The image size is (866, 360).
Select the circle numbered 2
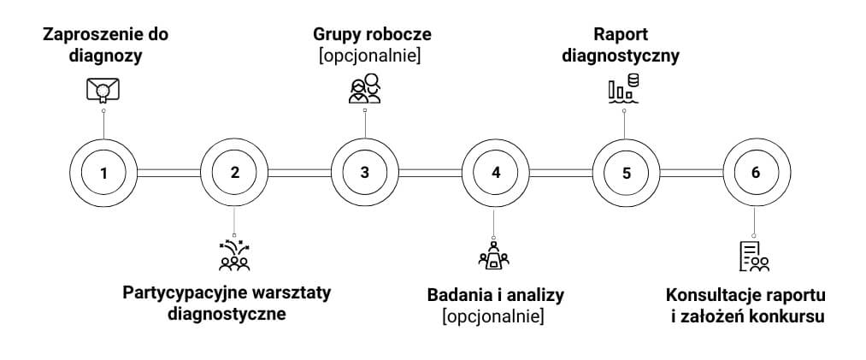click(234, 172)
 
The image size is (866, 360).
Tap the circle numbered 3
click(365, 172)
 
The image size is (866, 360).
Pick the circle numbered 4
click(496, 172)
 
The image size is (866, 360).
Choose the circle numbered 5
click(627, 172)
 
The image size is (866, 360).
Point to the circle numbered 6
click(755, 172)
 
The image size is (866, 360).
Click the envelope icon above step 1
click(103, 90)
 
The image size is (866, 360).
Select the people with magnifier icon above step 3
click(365, 89)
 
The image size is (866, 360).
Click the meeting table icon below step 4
click(495, 254)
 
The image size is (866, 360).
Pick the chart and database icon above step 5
click(624, 89)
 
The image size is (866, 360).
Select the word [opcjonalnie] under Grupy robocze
click(369, 57)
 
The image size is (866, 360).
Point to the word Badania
click(458, 296)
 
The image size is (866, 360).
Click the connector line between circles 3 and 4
click(430, 172)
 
